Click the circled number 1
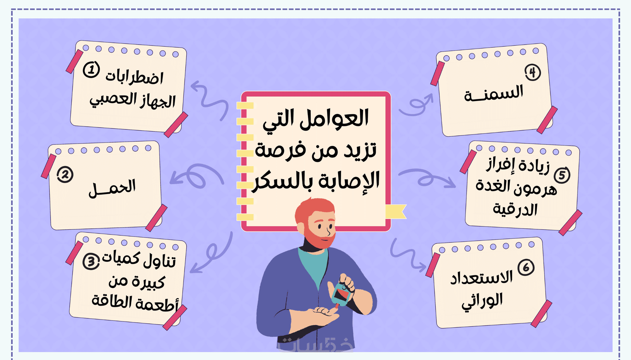pos(91,70)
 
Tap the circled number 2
pos(65,175)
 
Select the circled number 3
pos(91,261)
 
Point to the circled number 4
pos(533,72)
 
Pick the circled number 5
pos(562,175)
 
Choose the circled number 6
pos(526,267)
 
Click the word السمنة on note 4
pos(494,93)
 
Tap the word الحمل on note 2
pos(112,188)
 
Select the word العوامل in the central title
pos(334,119)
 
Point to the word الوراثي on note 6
pos(482,301)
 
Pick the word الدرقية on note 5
pos(515,209)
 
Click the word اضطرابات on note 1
pos(134,77)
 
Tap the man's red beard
pos(320,238)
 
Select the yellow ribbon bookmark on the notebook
pos(396,212)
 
